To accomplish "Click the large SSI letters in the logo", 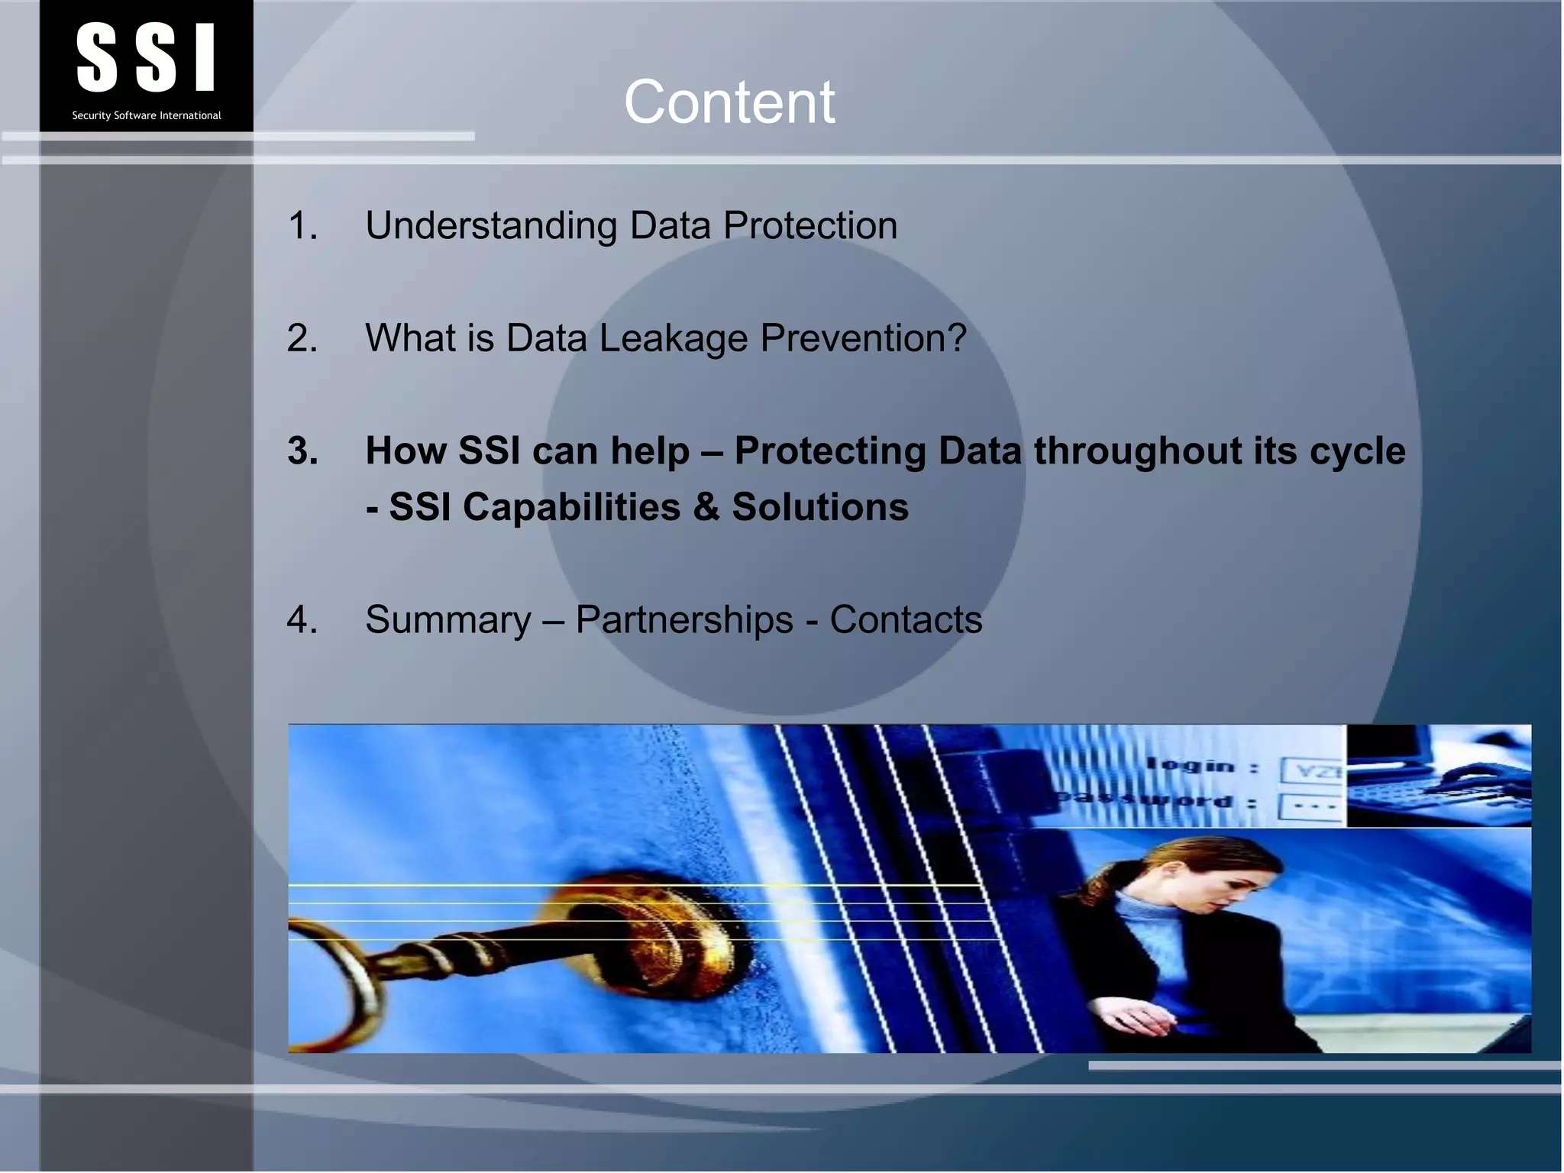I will pyautogui.click(x=146, y=57).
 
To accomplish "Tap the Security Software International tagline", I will pyautogui.click(x=146, y=115).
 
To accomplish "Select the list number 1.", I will pyautogui.click(x=302, y=226).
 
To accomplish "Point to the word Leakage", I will pyautogui.click(x=673, y=338).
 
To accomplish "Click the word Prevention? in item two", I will pyautogui.click(x=863, y=338).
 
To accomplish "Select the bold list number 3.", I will pyautogui.click(x=302, y=451).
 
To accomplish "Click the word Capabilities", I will pyautogui.click(x=571, y=507).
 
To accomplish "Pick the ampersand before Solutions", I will pyautogui.click(x=706, y=507).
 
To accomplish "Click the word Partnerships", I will pyautogui.click(x=684, y=619).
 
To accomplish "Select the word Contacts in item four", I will pyautogui.click(x=906, y=619).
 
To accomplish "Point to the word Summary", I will pyautogui.click(x=448, y=619).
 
